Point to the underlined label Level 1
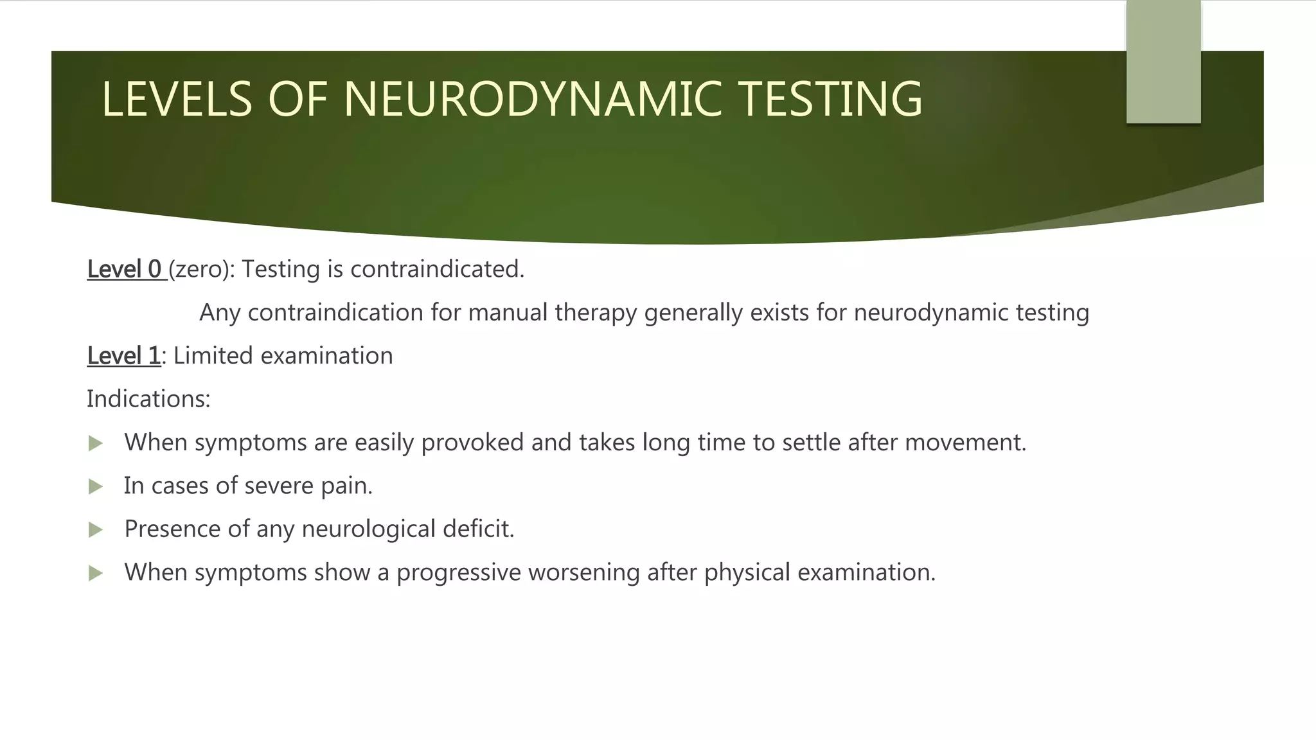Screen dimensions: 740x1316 (123, 355)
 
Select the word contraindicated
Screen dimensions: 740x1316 (437, 269)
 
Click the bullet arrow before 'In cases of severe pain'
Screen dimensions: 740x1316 (96, 486)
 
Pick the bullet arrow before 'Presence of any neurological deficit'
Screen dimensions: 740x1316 (96, 529)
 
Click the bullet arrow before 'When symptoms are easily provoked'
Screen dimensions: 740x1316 (96, 443)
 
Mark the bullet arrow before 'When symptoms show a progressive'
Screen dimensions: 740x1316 (96, 573)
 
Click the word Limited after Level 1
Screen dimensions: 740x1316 (213, 355)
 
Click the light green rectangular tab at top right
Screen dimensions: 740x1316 (1163, 62)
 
